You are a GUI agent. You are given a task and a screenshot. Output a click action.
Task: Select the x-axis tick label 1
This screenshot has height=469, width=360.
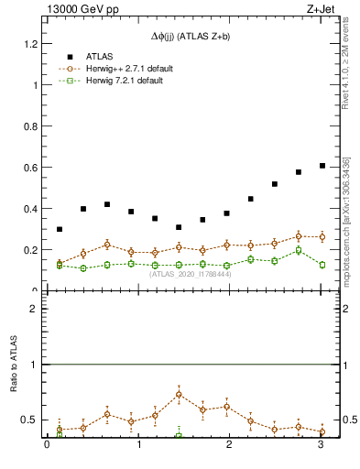click(138, 446)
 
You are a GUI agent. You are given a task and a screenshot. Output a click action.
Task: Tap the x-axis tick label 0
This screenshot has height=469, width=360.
click(47, 446)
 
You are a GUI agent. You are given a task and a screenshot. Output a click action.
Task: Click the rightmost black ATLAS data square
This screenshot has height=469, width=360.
click(322, 166)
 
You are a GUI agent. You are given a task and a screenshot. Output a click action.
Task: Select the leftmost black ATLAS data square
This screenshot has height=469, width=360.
click(60, 229)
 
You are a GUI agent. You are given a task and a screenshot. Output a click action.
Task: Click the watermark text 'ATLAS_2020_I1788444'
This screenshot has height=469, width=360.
click(191, 274)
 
